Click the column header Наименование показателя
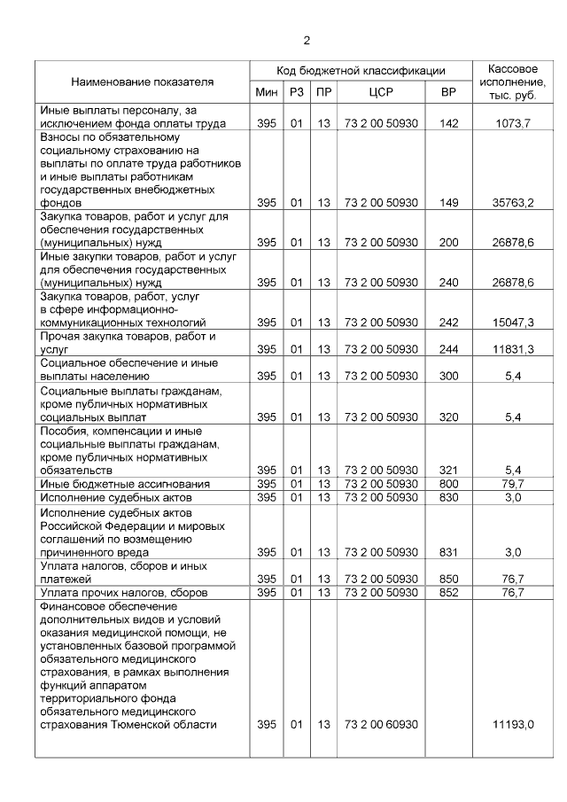click(x=143, y=82)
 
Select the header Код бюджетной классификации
click(x=360, y=71)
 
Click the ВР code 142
click(x=449, y=123)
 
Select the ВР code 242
click(x=449, y=323)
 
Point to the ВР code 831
click(x=449, y=551)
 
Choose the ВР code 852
click(x=449, y=592)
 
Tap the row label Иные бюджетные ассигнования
click(x=125, y=484)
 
